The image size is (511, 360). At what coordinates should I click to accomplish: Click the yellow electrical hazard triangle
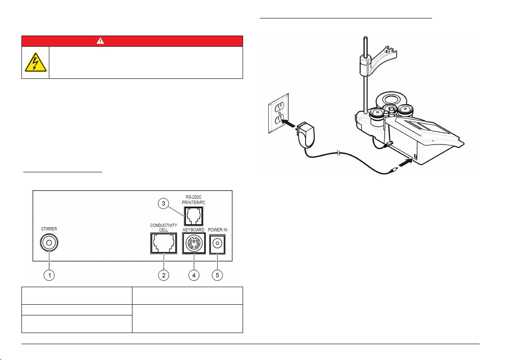(36, 62)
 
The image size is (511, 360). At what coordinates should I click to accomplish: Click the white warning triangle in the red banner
(100, 41)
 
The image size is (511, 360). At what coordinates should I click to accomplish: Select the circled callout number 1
(49, 275)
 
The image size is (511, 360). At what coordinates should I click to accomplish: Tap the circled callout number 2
(164, 275)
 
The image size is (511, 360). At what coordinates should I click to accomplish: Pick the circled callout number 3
(164, 204)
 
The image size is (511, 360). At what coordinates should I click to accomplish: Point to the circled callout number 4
(194, 275)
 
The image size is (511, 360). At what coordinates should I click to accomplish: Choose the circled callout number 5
(217, 275)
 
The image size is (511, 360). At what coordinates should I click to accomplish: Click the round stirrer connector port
(49, 243)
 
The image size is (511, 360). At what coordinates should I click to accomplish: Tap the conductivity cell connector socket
(164, 243)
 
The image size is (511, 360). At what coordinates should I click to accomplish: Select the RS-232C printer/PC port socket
(194, 216)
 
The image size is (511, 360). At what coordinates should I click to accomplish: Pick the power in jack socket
(217, 244)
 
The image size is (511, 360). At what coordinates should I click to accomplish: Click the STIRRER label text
(49, 229)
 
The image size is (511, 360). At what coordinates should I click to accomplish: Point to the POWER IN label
(218, 230)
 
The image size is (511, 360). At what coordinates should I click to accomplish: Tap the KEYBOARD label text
(194, 230)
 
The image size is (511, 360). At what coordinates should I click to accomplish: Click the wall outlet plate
(278, 114)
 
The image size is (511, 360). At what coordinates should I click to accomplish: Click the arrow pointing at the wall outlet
(289, 123)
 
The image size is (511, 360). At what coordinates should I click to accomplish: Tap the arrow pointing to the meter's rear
(406, 162)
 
